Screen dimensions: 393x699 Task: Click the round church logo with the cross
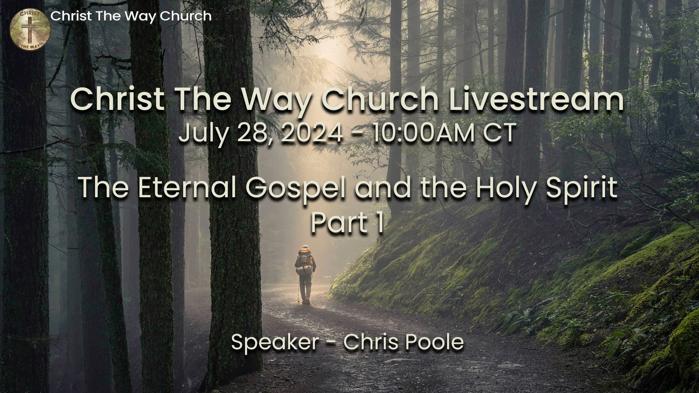30,29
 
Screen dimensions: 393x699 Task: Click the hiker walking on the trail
305,275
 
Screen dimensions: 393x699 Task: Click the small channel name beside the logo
131,16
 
